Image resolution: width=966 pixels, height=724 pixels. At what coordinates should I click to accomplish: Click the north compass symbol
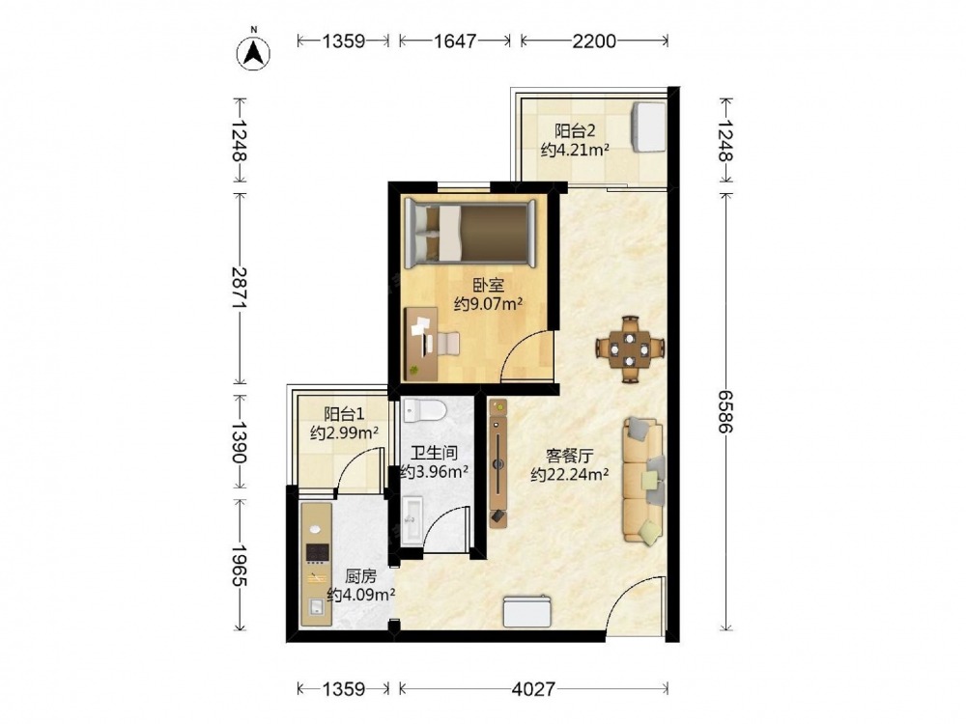[253, 52]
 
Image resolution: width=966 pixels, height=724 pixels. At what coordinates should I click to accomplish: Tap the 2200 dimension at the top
[594, 42]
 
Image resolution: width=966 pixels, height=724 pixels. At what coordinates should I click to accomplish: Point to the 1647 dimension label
[455, 42]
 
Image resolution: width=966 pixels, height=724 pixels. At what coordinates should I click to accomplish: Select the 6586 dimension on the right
[726, 411]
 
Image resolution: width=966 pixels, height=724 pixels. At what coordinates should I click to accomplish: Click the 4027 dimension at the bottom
[533, 688]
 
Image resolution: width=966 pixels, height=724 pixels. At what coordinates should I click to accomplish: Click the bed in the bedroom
[471, 233]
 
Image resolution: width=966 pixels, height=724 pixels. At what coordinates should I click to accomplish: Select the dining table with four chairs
[630, 349]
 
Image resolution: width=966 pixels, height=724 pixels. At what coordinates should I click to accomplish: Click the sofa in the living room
[643, 480]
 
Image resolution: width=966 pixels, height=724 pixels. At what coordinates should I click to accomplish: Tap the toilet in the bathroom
[424, 409]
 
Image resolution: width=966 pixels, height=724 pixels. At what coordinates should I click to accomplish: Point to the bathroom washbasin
[412, 521]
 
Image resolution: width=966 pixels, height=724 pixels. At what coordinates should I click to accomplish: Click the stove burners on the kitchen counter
[317, 553]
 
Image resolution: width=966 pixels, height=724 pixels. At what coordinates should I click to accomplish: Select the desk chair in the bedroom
[448, 343]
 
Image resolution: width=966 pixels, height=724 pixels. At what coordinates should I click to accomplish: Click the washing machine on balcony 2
[649, 126]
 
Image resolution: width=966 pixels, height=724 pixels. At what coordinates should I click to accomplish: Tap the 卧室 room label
[489, 286]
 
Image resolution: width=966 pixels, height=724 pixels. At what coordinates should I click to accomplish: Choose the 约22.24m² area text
[570, 475]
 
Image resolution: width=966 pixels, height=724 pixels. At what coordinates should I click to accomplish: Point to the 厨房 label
[360, 577]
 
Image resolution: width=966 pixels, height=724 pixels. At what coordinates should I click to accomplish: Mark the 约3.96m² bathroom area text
[434, 472]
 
